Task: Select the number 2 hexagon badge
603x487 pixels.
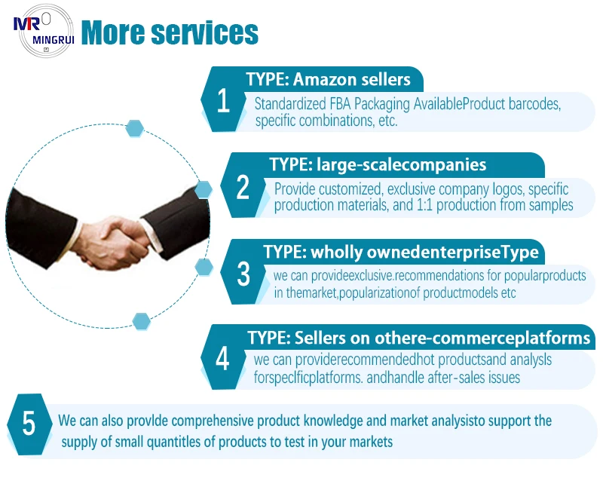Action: (242, 188)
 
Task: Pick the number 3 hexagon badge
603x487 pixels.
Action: (243, 274)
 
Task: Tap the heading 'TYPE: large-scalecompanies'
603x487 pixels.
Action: (378, 164)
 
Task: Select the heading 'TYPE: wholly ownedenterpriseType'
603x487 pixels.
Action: (400, 251)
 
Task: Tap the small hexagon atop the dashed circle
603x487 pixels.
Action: (135, 128)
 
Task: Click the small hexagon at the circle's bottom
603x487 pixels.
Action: (141, 321)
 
